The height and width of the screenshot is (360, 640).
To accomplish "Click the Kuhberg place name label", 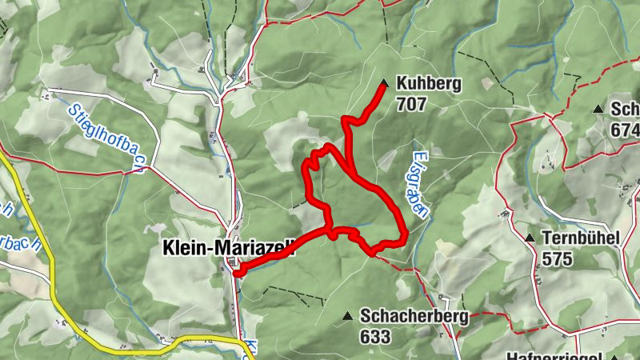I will pyautogui.click(x=428, y=84).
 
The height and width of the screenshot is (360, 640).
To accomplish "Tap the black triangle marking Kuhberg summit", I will pyautogui.click(x=384, y=83).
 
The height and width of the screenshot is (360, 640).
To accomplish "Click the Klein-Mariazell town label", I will pyautogui.click(x=228, y=248).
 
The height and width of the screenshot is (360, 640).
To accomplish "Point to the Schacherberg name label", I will pyautogui.click(x=414, y=317).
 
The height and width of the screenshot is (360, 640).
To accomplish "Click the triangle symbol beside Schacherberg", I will pyautogui.click(x=348, y=317).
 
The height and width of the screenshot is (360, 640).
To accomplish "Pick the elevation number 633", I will pyautogui.click(x=375, y=337).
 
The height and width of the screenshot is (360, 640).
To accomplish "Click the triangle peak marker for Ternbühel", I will pyautogui.click(x=530, y=238).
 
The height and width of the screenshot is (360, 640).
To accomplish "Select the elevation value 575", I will pyautogui.click(x=558, y=258).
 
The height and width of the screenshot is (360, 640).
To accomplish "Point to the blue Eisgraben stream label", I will pyautogui.click(x=422, y=184).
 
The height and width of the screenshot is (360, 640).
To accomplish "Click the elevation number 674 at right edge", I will pyautogui.click(x=625, y=129).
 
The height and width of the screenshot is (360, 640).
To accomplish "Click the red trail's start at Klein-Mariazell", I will pyautogui.click(x=237, y=274).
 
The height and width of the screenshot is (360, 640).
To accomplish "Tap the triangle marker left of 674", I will pyautogui.click(x=598, y=109).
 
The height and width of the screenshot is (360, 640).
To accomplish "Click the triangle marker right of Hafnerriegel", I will pyautogui.click(x=614, y=357).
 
